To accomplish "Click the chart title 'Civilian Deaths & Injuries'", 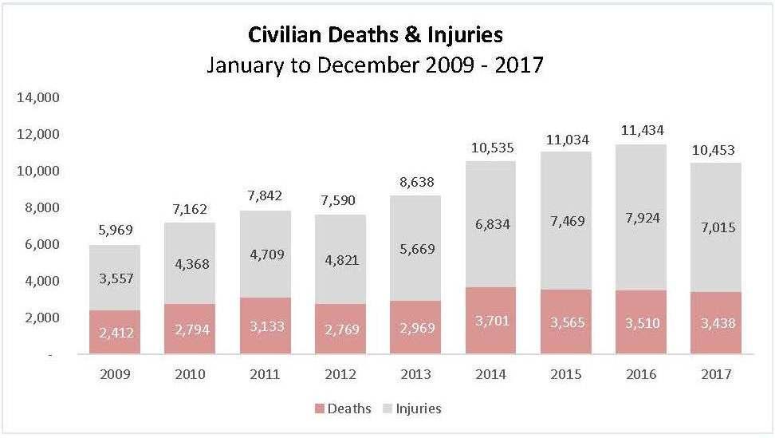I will (375, 34).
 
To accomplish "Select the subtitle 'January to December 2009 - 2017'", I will (375, 65).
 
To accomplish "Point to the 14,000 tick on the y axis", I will (38, 98).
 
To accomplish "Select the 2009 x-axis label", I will (115, 373).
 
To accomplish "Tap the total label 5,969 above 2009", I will (115, 231).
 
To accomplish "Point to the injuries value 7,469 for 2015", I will (565, 220).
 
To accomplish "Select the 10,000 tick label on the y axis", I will (38, 172).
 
